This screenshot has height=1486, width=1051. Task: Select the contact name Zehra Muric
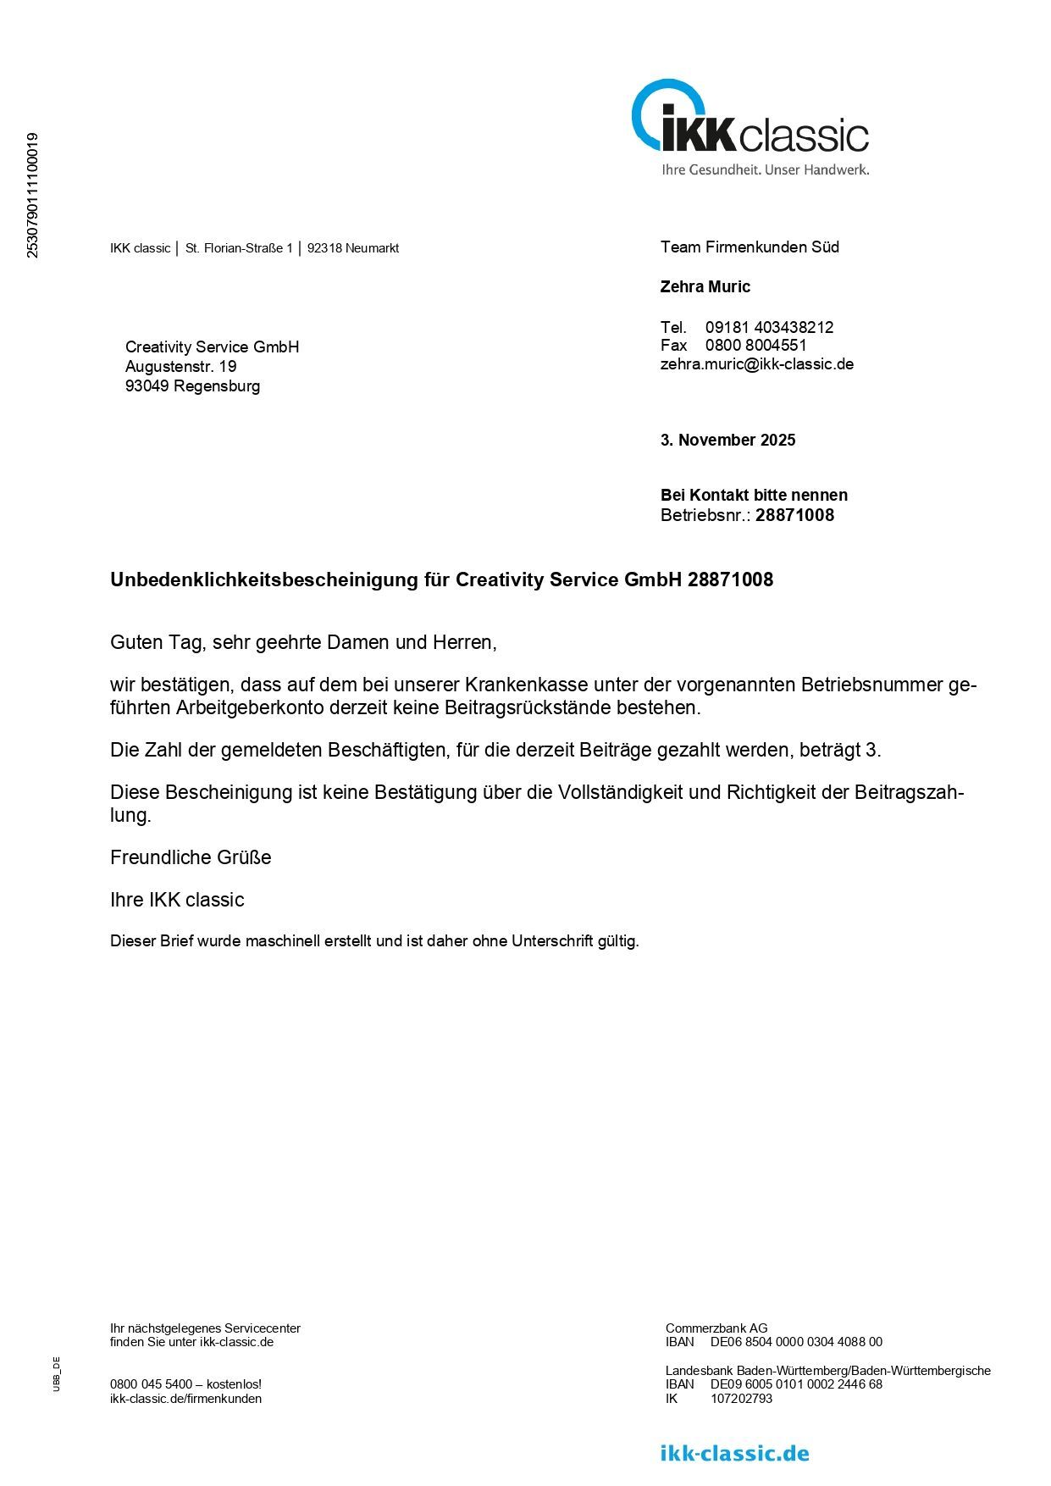tap(705, 287)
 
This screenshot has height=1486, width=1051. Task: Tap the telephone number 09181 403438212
tap(769, 327)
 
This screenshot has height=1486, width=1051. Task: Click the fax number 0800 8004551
tap(755, 346)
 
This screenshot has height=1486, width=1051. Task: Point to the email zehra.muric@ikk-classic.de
tap(756, 364)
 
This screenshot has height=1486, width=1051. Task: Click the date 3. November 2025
tap(727, 441)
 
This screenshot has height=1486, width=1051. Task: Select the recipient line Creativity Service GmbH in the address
tap(212, 347)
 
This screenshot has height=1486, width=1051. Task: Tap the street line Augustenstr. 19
tap(180, 367)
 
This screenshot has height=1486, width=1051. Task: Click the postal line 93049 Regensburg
tap(192, 386)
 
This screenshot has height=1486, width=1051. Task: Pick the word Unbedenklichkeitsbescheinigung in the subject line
tap(264, 580)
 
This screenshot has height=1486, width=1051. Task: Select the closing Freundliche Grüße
tap(191, 857)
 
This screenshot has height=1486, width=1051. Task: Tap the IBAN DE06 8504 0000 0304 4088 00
tap(795, 1342)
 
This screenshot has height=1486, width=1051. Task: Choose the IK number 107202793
tap(741, 1399)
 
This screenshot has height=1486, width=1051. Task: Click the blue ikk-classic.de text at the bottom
tap(734, 1454)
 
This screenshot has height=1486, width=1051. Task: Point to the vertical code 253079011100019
tap(33, 195)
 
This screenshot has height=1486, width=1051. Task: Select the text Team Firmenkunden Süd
tap(750, 247)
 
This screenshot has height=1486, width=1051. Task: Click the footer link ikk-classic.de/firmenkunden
tap(185, 1399)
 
